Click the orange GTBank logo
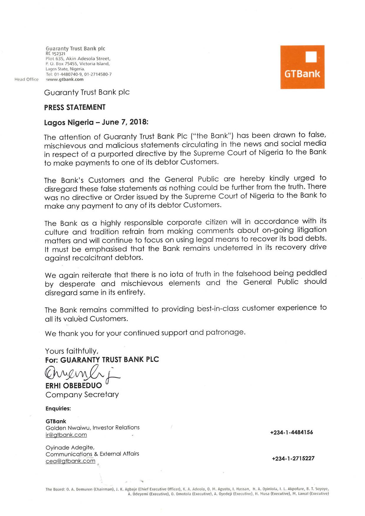[302, 67]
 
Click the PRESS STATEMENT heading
[75, 107]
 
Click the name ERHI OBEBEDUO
[74, 385]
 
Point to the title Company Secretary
[82, 395]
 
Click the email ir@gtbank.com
[66, 435]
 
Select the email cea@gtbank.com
[70, 461]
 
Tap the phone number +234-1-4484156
[291, 432]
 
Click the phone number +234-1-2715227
[293, 458]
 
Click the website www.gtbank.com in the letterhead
[65, 79]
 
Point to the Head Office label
[26, 79]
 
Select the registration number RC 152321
[55, 54]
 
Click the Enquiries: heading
[58, 409]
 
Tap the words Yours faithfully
[72, 351]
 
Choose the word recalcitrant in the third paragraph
[91, 258]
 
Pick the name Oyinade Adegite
[70, 447]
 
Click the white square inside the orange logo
[311, 57]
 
